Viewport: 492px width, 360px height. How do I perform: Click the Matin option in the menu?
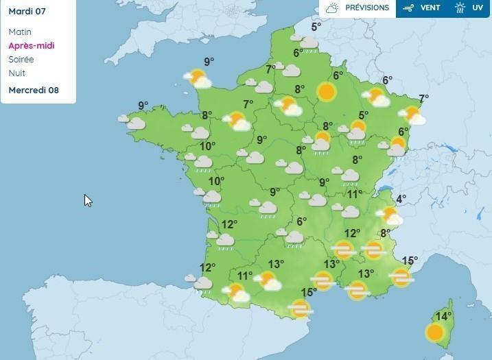20,32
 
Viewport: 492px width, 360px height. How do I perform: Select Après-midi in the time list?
31,45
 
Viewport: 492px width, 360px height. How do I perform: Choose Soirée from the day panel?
21,59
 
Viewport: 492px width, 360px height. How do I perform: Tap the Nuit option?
17,73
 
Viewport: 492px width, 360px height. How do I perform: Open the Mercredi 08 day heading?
34,90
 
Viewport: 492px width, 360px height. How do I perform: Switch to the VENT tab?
430,8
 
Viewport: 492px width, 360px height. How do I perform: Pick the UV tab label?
478,8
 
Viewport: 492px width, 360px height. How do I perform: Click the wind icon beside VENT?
409,8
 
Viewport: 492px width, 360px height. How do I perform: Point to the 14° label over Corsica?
443,316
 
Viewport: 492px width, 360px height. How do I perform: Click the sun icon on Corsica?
434,333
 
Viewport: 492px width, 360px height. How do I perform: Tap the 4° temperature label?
401,199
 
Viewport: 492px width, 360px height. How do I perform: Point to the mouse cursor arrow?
87,200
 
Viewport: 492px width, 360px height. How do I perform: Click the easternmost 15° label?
410,261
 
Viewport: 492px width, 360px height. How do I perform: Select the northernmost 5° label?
316,27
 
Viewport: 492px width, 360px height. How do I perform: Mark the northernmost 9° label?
209,62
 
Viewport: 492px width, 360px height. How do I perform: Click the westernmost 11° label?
244,276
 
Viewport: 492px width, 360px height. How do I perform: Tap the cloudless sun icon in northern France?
326,92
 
